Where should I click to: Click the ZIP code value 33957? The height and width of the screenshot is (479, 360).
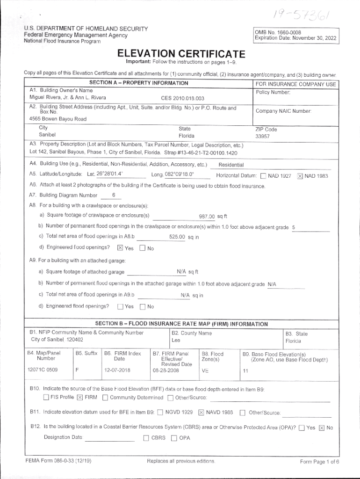262,137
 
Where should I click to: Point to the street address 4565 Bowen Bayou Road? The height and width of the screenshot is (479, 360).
58,119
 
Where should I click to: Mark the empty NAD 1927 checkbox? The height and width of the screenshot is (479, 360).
263,176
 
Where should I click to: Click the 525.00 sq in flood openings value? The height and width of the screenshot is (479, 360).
184,237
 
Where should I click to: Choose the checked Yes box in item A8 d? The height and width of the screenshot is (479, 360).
120,248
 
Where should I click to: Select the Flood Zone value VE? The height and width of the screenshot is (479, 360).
205,370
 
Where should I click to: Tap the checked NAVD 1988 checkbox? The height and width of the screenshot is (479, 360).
201,413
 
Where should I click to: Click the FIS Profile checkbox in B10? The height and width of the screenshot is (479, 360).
46,398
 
